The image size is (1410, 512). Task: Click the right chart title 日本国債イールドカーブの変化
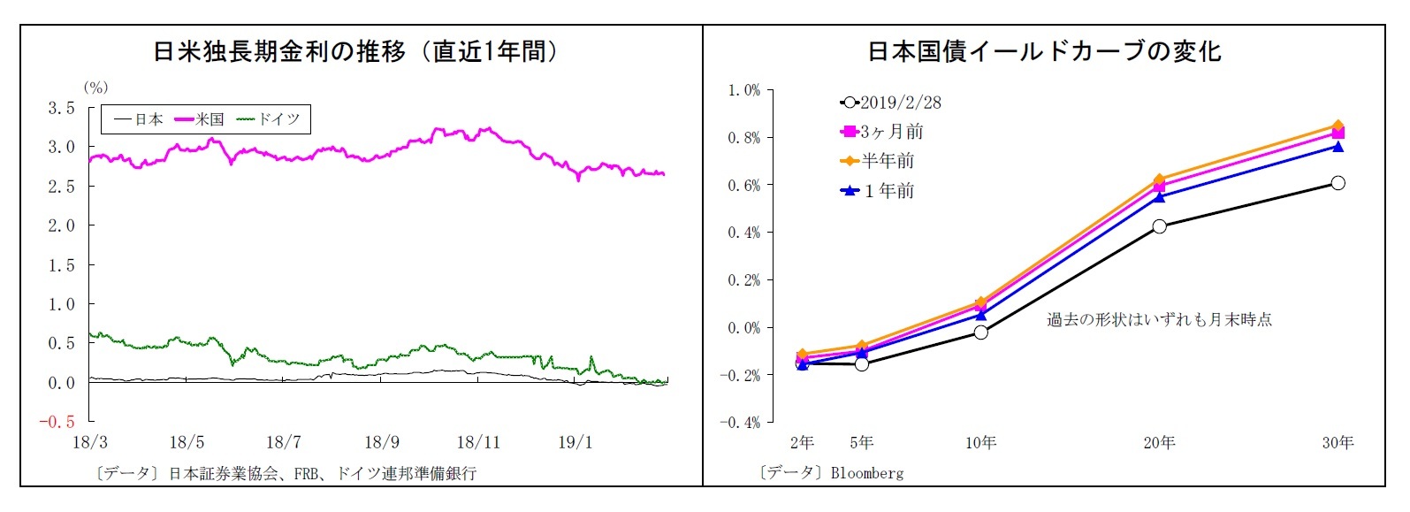pos(1043,52)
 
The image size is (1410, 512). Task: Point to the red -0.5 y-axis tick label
pos(56,422)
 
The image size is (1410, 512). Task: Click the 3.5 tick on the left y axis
pos(61,108)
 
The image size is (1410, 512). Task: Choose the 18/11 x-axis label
pos(478,442)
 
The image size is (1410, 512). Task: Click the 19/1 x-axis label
pos(575,442)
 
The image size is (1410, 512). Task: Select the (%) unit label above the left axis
pos(95,88)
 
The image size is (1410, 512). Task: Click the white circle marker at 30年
pos(1338,183)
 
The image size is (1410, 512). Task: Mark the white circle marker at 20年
pos(1159,226)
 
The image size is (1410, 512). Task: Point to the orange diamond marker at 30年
pos(1338,126)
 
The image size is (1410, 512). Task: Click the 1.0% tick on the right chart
pos(743,90)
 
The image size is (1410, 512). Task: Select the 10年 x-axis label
pos(980,442)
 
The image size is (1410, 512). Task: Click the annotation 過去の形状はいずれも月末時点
pos(1159,320)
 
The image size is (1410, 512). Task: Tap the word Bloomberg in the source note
pos(867,473)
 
